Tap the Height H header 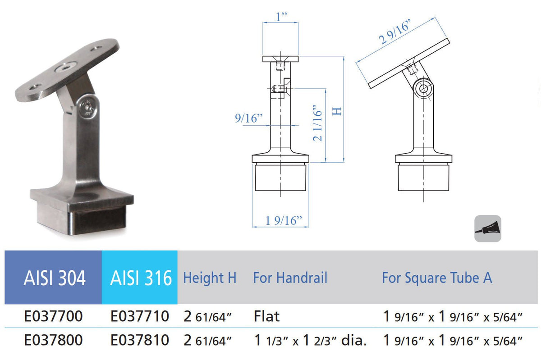coord(210,278)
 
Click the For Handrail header coord(289,278)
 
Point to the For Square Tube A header coord(436,278)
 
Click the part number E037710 coord(140,317)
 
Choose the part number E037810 coord(140,339)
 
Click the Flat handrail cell coord(267,317)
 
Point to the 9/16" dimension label coord(248,118)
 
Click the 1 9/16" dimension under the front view coord(280,220)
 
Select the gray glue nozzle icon coord(487,228)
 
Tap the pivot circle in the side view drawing coord(424,89)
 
